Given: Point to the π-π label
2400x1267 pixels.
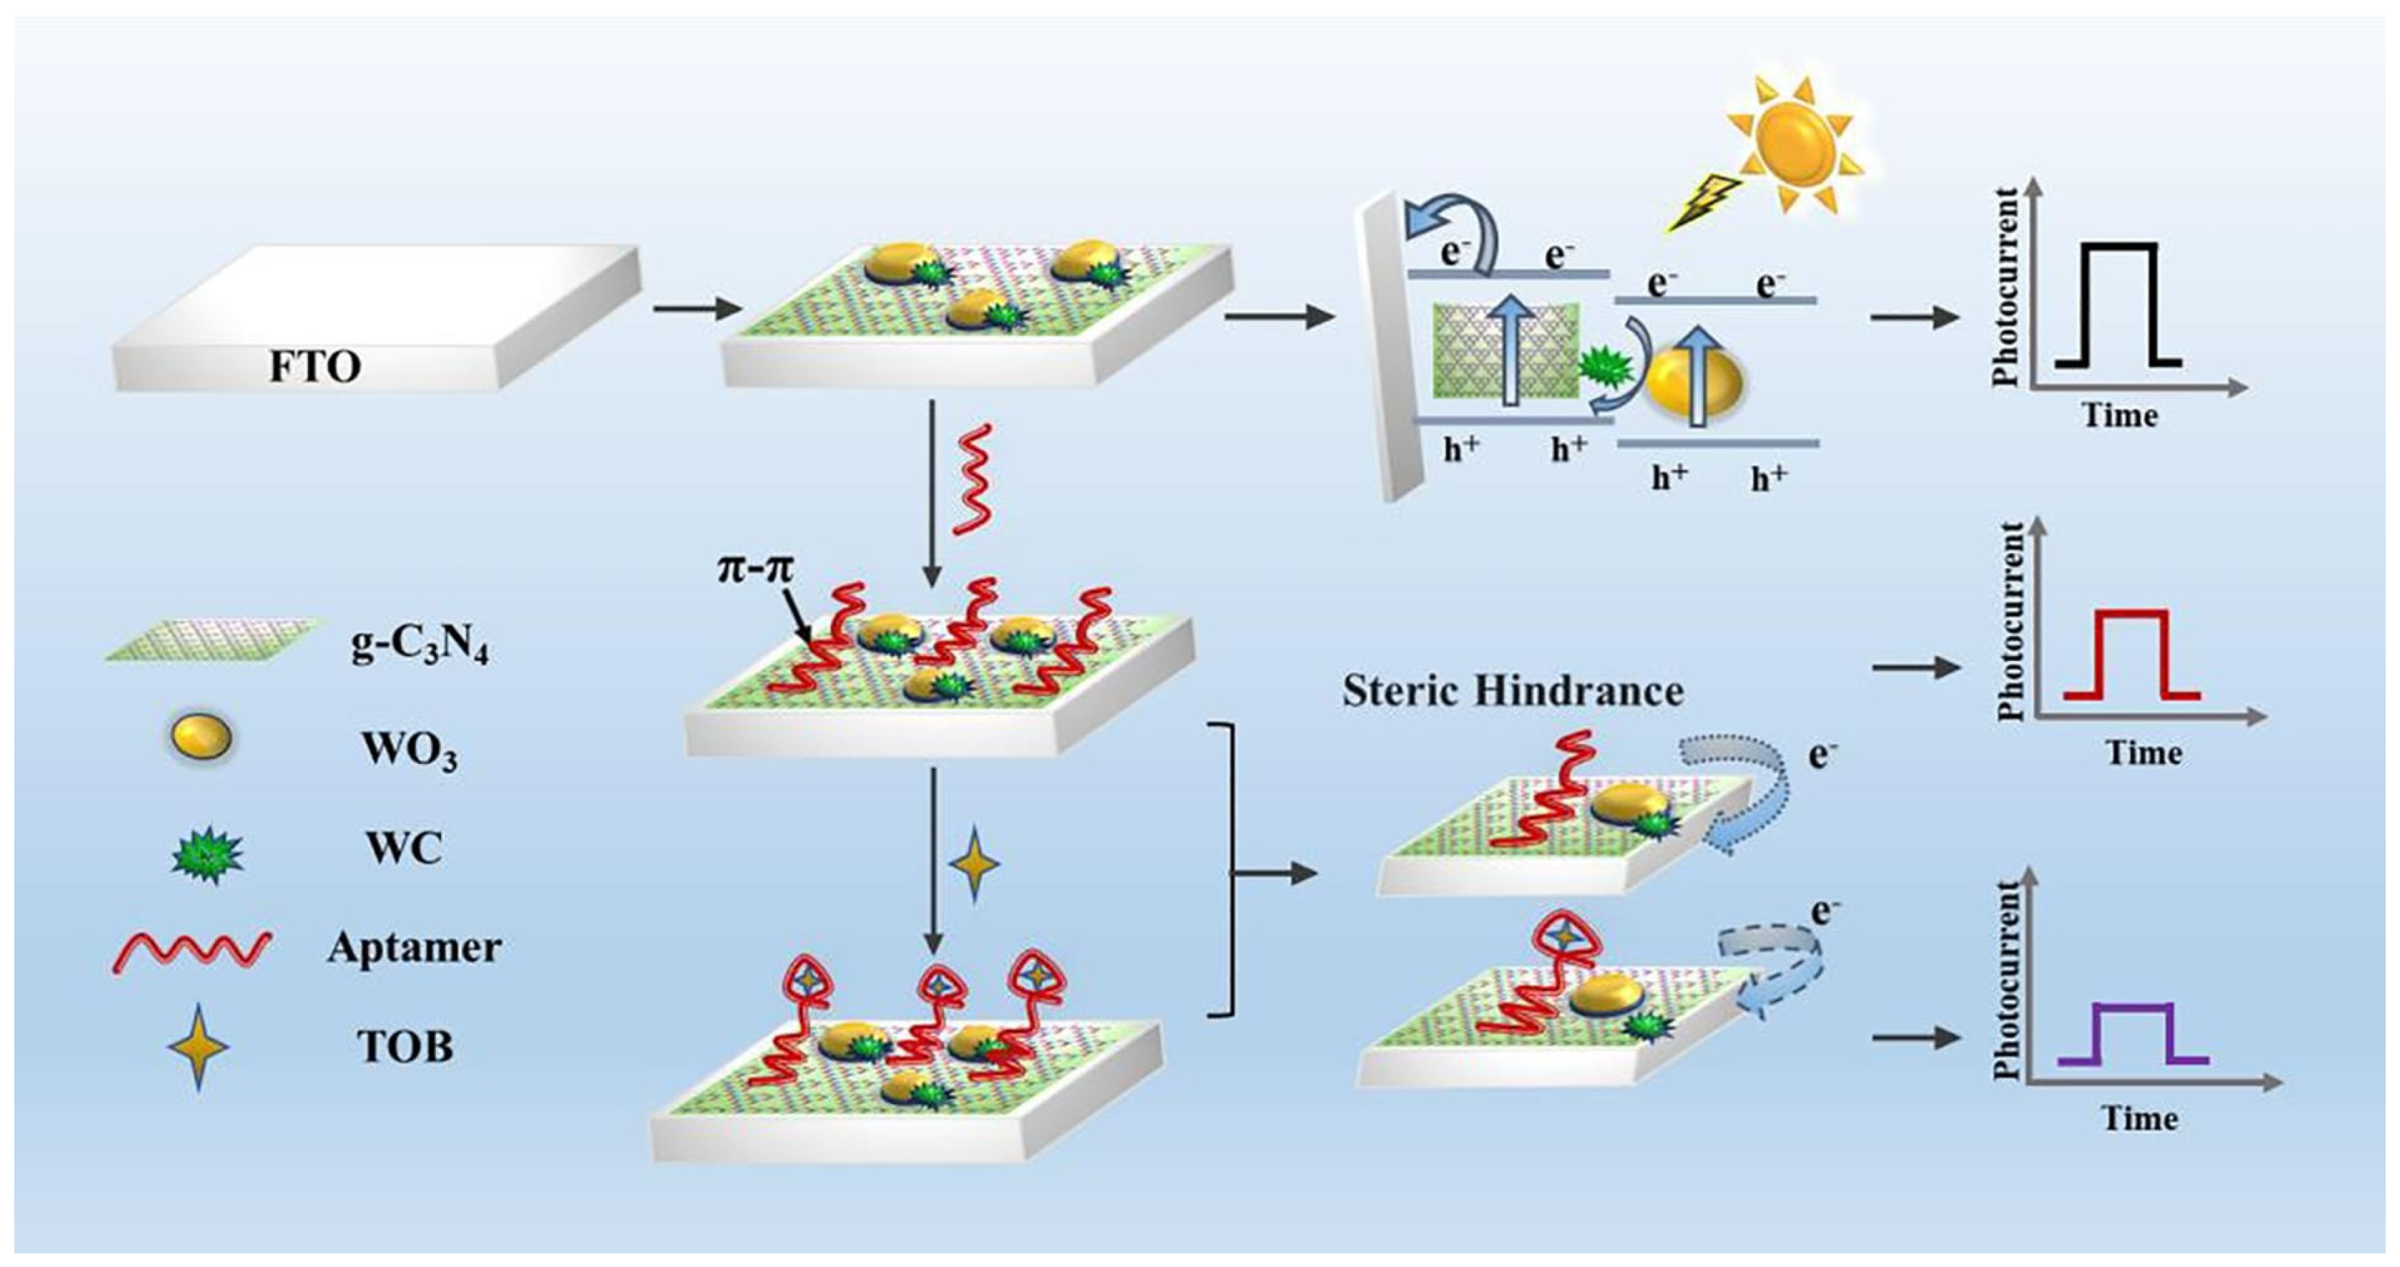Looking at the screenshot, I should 754,567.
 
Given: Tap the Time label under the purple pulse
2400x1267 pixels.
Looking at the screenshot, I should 2139,1118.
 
